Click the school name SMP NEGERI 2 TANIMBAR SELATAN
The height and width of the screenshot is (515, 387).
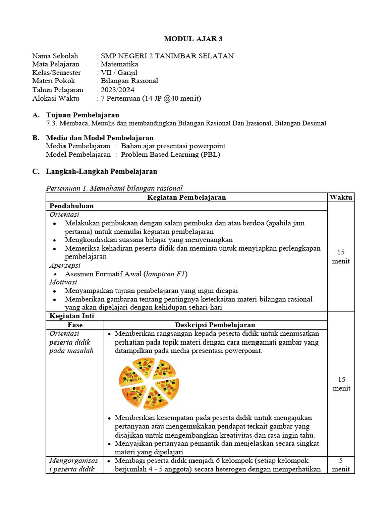click(167, 56)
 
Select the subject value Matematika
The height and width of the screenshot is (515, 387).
click(119, 64)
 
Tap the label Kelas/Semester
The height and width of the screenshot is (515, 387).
click(56, 73)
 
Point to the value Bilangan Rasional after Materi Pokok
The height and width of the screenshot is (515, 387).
click(130, 81)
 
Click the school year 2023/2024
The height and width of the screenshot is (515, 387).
click(117, 90)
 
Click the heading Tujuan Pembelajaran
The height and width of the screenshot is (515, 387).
click(83, 115)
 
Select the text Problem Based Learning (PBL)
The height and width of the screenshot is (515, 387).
click(171, 154)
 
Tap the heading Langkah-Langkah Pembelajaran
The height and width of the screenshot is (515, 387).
click(101, 171)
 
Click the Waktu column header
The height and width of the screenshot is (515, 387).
click(341, 197)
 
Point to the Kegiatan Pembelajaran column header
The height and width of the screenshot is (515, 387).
click(186, 197)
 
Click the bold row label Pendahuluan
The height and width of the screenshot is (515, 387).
click(71, 206)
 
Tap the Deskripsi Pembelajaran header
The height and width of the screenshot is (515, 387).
click(215, 325)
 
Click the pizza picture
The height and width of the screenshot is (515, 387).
click(149, 383)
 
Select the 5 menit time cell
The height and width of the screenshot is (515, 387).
click(341, 465)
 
